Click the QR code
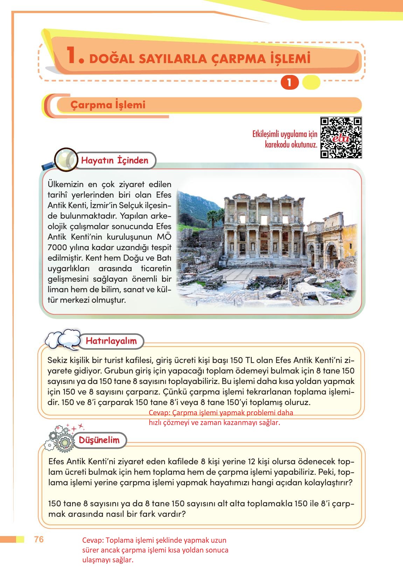[341, 138]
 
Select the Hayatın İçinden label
[115, 160]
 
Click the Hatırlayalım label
[111, 341]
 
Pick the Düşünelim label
[99, 440]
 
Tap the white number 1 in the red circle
[289, 83]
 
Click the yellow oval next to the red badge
[311, 83]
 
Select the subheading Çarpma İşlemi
[108, 105]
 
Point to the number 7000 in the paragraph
[57, 247]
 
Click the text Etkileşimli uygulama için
[285, 134]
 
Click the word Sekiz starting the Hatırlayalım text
[57, 360]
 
